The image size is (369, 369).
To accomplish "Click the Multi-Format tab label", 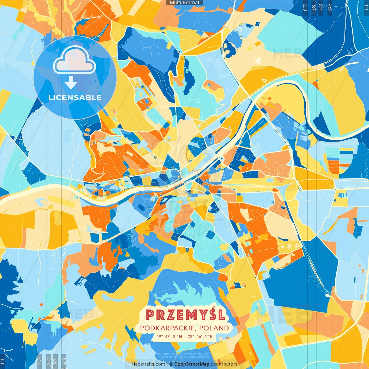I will point(184,3).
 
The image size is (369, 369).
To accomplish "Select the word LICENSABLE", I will point(75,98).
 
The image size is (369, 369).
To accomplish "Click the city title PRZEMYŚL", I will point(185,315).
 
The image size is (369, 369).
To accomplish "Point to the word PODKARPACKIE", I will point(168,328).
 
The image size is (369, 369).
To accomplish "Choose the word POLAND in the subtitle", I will point(214,328).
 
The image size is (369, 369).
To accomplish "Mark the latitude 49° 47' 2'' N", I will point(169,336).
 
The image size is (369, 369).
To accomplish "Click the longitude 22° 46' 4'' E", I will point(200,336).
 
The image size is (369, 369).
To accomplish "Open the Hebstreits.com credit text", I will point(148,364).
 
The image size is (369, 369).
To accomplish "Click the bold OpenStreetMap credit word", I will point(192,364).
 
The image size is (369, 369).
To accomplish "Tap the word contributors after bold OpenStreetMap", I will point(224,364).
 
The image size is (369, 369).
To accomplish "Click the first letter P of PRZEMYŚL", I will point(150,315).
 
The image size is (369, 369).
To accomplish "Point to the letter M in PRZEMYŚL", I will point(191,315).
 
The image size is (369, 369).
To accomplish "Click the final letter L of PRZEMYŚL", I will point(221,315).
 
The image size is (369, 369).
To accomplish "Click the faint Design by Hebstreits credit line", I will point(184,357).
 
